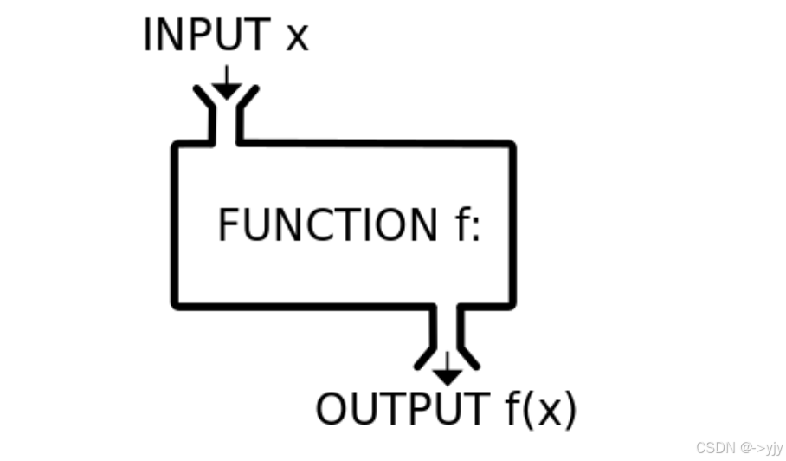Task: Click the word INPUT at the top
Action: tap(206, 36)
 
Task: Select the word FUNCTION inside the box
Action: tap(328, 225)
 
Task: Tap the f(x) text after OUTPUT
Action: tap(539, 410)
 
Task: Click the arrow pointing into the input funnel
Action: tap(226, 85)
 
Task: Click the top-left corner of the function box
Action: tap(177, 145)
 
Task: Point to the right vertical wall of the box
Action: tap(513, 225)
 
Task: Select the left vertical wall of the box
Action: tap(176, 225)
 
